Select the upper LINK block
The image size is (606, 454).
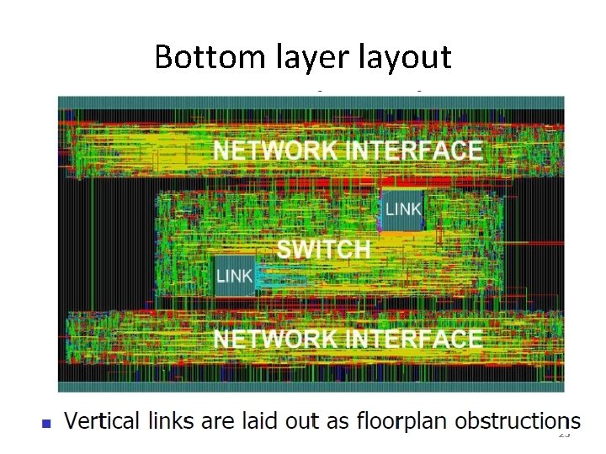click(403, 209)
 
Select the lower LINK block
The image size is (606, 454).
click(235, 275)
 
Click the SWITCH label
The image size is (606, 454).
click(323, 250)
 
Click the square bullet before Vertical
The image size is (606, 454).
click(47, 423)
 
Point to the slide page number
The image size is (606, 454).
click(564, 435)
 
